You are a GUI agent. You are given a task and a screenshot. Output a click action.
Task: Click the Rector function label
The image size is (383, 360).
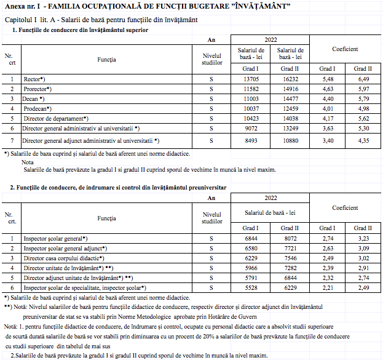(34, 79)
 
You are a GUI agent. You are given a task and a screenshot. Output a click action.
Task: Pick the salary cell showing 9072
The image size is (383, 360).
(250, 128)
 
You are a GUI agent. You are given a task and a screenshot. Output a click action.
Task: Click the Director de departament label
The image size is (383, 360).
(56, 118)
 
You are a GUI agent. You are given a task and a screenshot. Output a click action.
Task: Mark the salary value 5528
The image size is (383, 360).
(250, 287)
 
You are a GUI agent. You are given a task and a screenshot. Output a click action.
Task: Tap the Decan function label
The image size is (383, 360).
(34, 98)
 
